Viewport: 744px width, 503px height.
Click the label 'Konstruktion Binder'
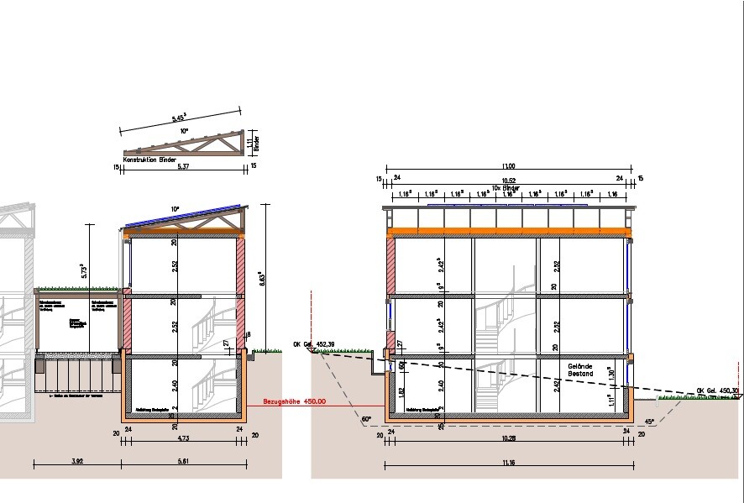click(x=149, y=159)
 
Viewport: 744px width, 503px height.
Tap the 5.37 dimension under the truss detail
click(x=182, y=167)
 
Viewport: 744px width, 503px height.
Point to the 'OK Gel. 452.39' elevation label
click(x=312, y=344)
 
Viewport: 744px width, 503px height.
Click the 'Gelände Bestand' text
click(x=581, y=370)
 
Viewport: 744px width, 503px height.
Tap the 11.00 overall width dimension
click(x=508, y=166)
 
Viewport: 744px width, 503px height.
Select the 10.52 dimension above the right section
click(x=508, y=179)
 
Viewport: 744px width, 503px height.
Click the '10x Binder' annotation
click(x=508, y=187)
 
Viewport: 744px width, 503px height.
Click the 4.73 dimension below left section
click(x=181, y=438)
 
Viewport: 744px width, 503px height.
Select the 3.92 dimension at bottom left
click(x=76, y=463)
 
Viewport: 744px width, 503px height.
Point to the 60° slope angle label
click(x=366, y=417)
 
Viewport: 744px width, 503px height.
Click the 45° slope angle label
click(x=649, y=422)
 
